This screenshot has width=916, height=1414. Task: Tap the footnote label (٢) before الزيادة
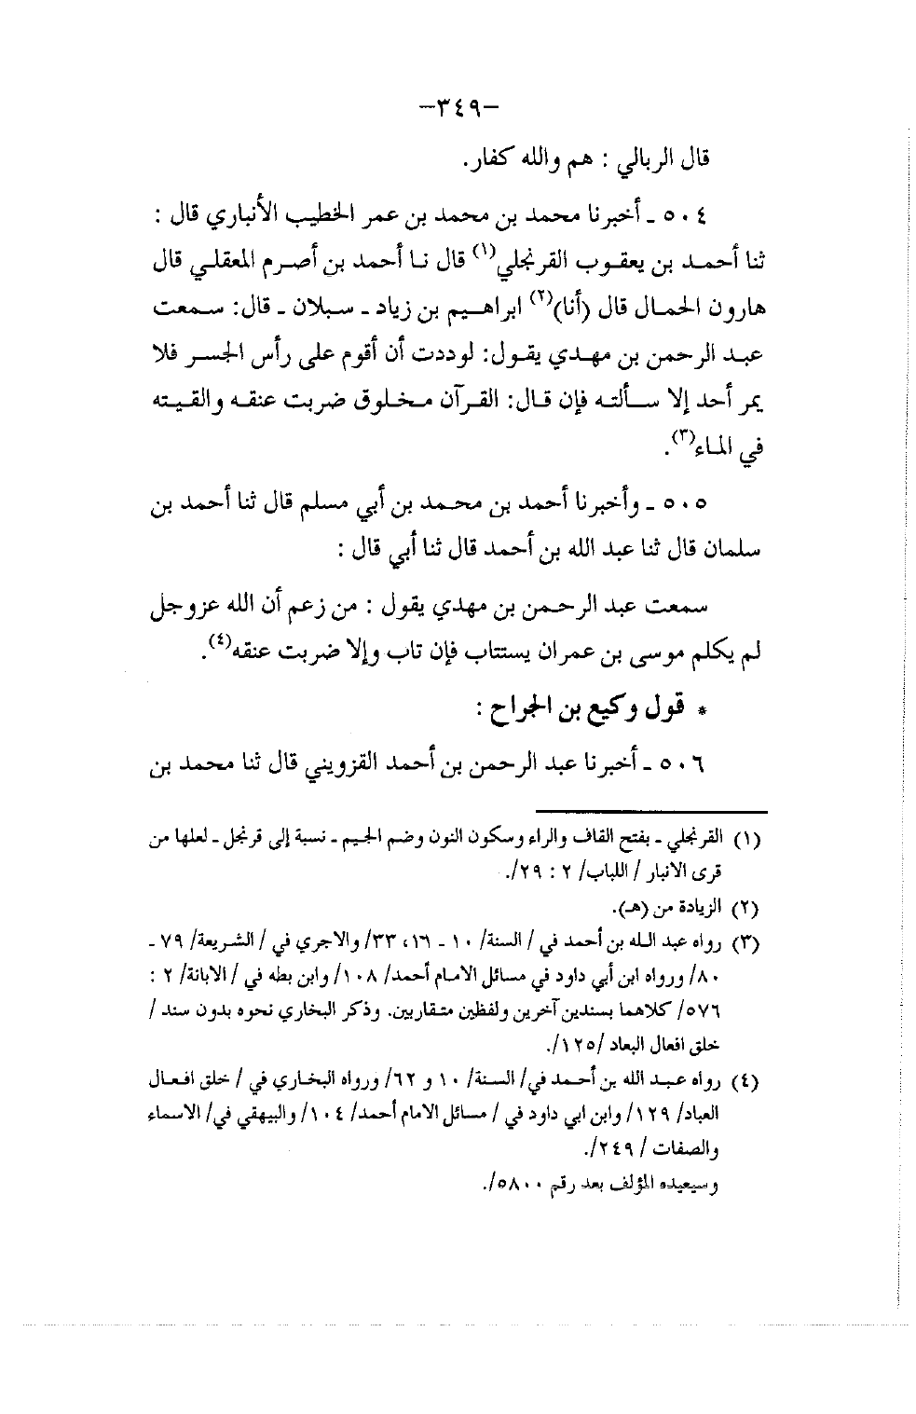[x=753, y=906]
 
